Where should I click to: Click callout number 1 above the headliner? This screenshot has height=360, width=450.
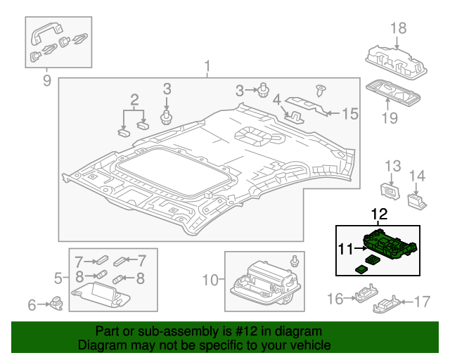207,67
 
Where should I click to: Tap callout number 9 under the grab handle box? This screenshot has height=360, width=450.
46,81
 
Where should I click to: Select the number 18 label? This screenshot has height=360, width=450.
399,28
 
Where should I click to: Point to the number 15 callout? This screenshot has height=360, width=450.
349,112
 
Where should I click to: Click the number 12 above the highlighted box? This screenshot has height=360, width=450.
379,213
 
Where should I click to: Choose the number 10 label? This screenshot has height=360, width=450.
210,281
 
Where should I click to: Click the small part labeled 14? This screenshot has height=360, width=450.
416,200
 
